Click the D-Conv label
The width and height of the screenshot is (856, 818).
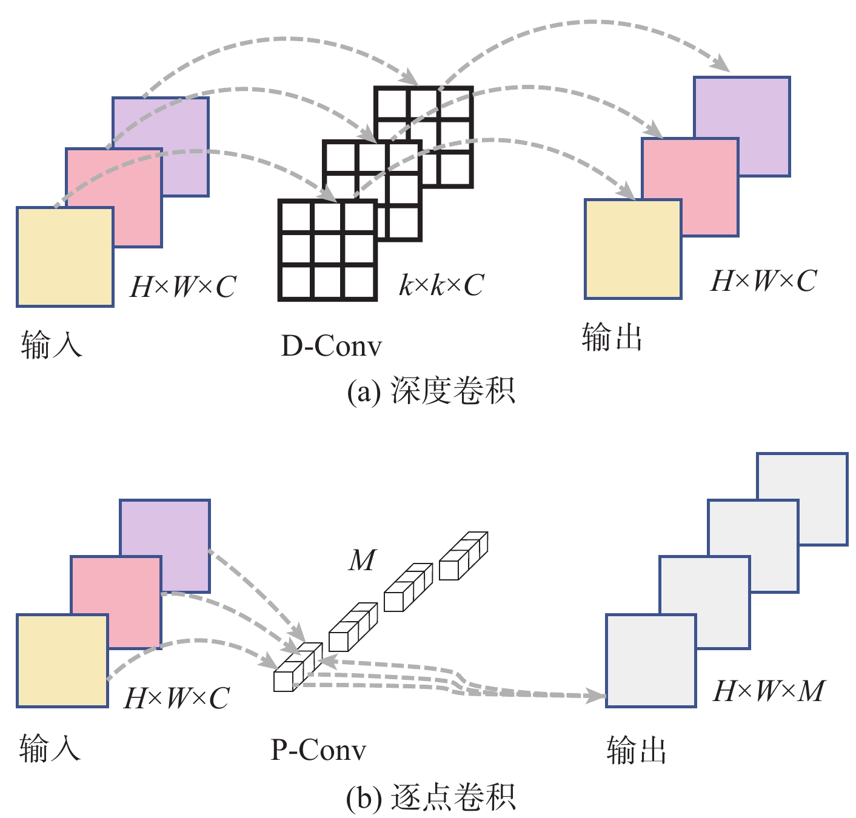(x=332, y=346)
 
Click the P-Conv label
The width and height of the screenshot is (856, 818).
(x=318, y=750)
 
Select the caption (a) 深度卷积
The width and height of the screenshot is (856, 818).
(x=431, y=391)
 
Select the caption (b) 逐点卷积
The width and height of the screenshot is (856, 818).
(x=431, y=798)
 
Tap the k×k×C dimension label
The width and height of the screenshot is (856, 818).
(x=441, y=285)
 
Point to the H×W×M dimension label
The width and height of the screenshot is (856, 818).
(x=769, y=691)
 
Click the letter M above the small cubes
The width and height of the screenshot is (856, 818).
(x=363, y=560)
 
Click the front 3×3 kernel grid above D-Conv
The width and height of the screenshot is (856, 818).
(x=327, y=250)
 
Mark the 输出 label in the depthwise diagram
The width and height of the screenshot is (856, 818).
(x=612, y=337)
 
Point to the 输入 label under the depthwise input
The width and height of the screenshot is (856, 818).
(x=52, y=345)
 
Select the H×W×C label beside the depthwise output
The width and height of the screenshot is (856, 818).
(x=763, y=281)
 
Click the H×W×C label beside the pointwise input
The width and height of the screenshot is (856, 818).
(x=176, y=698)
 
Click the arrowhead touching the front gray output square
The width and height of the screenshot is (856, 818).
(x=597, y=696)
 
